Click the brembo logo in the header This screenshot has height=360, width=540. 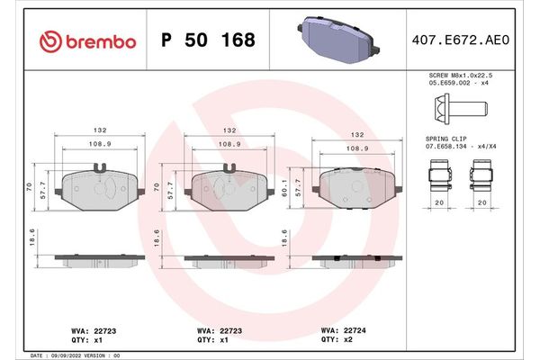[88, 40]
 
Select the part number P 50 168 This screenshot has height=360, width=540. [207, 40]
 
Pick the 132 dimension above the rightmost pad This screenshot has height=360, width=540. [357, 134]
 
